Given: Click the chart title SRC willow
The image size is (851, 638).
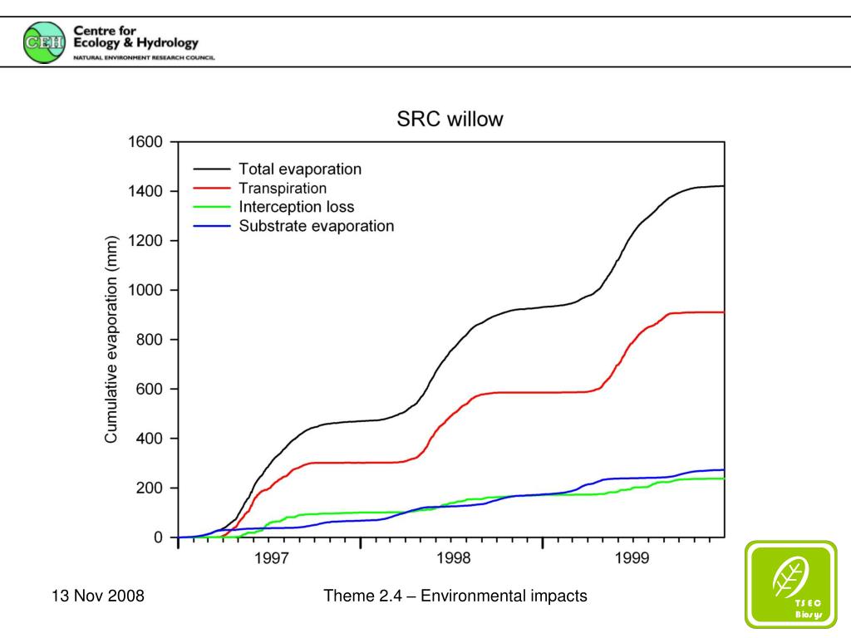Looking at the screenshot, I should [449, 119].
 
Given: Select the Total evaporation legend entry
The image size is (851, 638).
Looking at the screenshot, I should [300, 169].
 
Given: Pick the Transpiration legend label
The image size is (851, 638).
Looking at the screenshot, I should [283, 188].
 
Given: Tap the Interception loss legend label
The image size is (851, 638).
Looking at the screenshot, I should [297, 207].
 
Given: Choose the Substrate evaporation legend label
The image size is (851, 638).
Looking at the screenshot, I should [317, 225].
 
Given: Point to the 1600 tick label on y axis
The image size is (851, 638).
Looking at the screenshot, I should [145, 142].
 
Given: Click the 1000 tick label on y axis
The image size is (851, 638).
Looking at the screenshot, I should [145, 290].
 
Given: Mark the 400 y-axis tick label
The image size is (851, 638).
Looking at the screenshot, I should [149, 438].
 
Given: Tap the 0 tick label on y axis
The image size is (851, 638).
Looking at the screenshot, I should [158, 537].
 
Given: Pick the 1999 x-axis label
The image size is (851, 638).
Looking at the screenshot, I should [633, 559].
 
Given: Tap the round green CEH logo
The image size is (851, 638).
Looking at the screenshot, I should [43, 42].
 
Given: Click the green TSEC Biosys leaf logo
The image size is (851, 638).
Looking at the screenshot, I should [790, 584].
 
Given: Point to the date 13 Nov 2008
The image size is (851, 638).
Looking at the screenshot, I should [97, 596].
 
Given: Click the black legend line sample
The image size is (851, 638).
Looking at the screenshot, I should [212, 169].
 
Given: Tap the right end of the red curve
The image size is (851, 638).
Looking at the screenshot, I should [723, 312].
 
